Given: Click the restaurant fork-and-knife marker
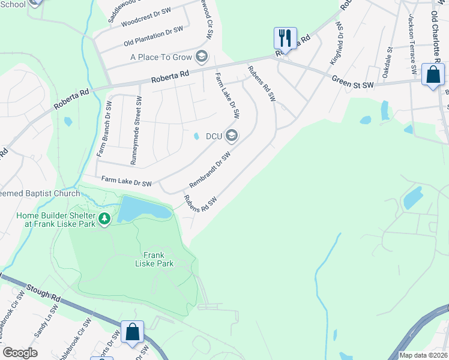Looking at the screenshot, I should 284,38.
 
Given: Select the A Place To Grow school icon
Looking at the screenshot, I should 201,58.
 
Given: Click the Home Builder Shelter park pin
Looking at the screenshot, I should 105,219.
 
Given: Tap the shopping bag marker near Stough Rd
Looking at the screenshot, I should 132,332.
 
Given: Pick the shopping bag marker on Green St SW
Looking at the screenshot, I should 432,75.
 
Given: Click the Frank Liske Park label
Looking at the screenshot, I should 154,259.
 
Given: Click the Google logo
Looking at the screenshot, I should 20,353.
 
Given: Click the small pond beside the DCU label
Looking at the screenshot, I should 197,136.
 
